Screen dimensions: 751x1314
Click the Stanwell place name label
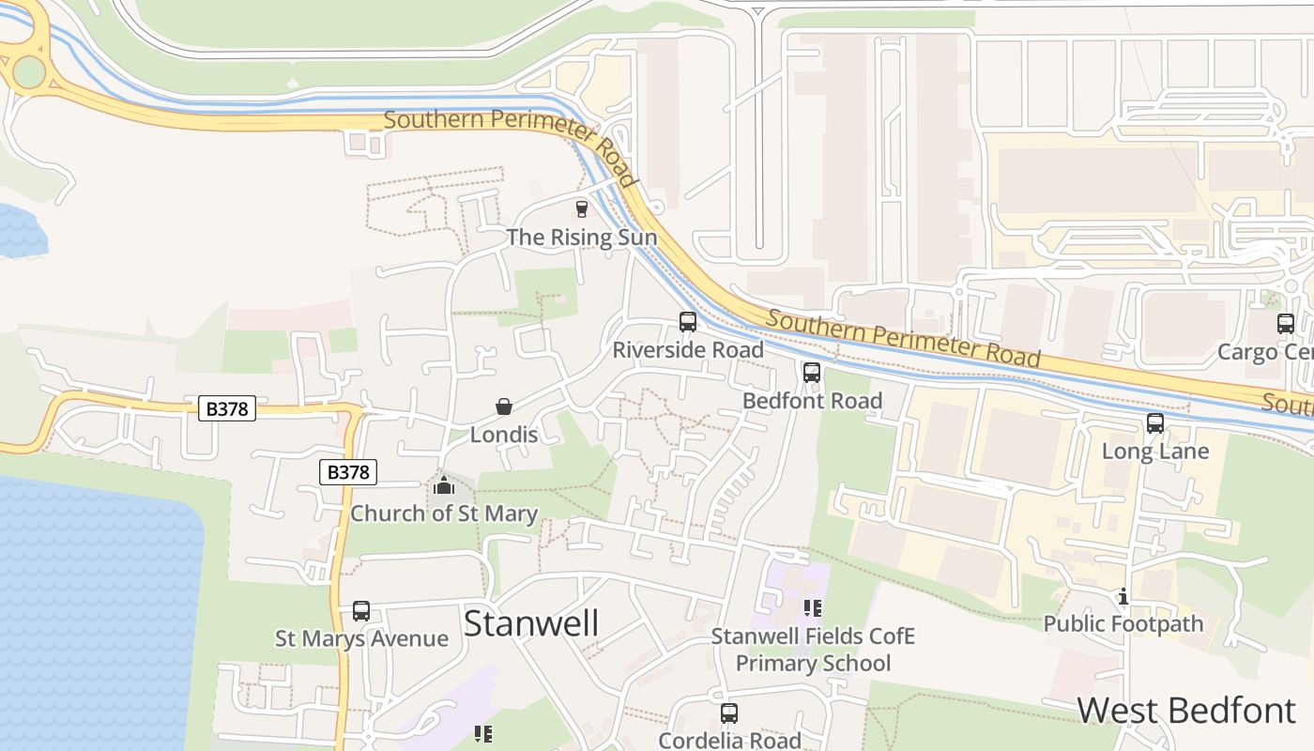pos(531,623)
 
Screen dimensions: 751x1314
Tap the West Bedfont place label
pos(1186,711)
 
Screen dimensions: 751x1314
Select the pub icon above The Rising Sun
pos(581,208)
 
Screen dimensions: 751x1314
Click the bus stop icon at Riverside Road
pos(688,322)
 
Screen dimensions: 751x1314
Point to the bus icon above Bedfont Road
pos(812,372)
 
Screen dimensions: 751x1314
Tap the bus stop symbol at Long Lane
pos(1155,423)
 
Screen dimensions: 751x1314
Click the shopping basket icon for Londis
pos(504,406)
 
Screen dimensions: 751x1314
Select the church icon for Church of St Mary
pos(444,485)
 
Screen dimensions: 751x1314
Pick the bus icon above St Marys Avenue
pos(361,610)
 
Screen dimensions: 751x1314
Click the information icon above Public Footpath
pos(1123,596)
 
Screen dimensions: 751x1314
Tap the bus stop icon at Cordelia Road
pos(729,713)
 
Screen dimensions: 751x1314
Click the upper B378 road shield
pos(227,408)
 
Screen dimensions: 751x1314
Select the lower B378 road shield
pos(348,472)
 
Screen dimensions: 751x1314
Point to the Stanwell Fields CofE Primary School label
pos(813,650)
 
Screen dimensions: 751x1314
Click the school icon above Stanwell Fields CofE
pos(813,607)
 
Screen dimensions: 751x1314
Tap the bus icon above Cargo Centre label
pos(1286,324)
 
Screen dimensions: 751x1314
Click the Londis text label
pos(504,435)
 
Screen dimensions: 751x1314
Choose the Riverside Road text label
pos(688,350)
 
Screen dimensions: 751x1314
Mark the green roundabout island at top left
pos(28,71)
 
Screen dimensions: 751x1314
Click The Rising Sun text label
pos(582,238)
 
